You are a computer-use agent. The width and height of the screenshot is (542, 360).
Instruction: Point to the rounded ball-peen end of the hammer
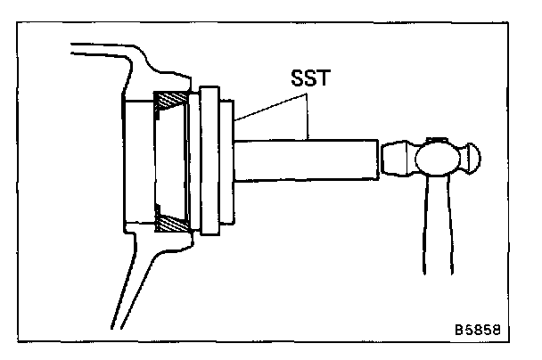pyautogui.click(x=469, y=161)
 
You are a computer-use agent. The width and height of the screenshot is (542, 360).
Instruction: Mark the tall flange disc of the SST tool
pyautogui.click(x=209, y=160)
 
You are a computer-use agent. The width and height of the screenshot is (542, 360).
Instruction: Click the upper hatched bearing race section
pyautogui.click(x=171, y=101)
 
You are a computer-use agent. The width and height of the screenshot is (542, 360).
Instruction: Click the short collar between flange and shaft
pyautogui.click(x=228, y=161)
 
